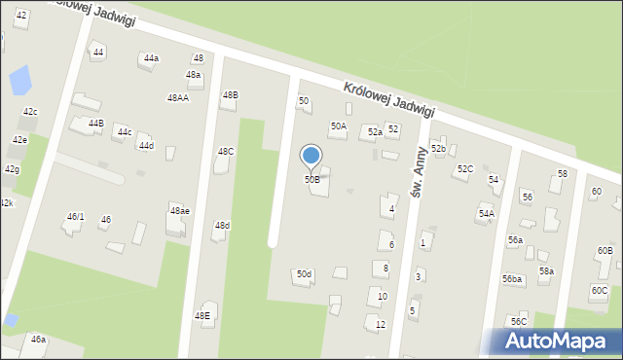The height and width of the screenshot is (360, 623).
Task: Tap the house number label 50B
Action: [311, 180]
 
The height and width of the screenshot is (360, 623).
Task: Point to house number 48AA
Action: [178, 98]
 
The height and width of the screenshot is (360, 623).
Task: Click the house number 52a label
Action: [374, 131]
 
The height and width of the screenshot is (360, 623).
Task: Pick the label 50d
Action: [305, 274]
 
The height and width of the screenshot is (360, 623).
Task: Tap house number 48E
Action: [202, 316]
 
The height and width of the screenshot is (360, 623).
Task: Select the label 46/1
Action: [75, 217]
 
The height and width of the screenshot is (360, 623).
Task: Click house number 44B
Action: [95, 124]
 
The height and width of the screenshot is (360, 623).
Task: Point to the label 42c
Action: [30, 112]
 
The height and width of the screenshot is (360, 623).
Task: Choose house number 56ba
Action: [512, 279]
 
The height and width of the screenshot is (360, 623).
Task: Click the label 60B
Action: [605, 251]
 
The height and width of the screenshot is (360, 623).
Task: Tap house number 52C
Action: [465, 169]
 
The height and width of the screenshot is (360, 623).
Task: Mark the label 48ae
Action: [180, 211]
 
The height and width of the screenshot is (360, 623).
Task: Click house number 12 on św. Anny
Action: [381, 324]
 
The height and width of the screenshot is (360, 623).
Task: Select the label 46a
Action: [38, 340]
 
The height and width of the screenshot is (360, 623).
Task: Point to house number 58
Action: [562, 173]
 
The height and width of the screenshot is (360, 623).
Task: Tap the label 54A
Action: [486, 214]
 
